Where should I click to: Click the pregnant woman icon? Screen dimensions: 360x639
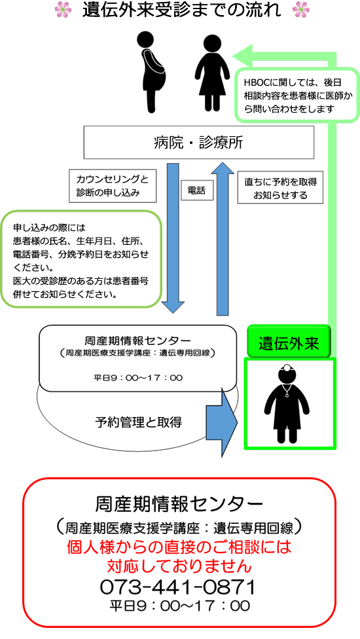(151, 73)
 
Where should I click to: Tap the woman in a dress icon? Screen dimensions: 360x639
(212, 73)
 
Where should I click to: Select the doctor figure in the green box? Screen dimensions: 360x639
(287, 403)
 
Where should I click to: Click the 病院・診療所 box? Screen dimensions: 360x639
(199, 142)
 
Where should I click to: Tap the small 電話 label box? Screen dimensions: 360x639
(197, 191)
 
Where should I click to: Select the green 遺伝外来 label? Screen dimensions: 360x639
(289, 341)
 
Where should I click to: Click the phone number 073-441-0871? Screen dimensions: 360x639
(177, 587)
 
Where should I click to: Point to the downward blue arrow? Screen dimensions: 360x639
(173, 238)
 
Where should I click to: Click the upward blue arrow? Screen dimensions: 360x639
(223, 238)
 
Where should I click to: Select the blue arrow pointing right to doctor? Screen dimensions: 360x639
(222, 422)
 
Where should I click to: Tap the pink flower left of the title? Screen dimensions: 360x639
(63, 9)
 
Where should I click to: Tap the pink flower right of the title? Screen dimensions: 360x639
(301, 9)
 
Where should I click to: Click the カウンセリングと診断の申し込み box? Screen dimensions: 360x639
(113, 186)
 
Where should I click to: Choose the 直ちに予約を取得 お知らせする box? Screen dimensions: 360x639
(280, 187)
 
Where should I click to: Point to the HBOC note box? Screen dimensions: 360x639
(293, 96)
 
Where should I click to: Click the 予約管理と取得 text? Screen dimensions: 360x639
(139, 422)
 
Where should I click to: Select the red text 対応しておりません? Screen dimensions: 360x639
(179, 566)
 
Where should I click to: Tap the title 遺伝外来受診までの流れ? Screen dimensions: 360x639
(181, 10)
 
